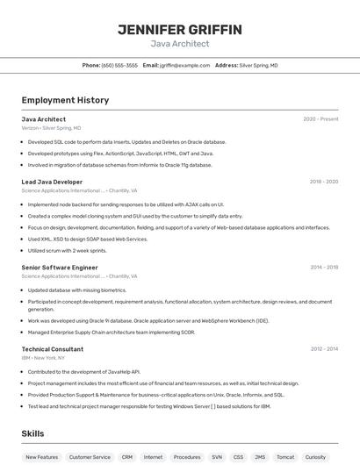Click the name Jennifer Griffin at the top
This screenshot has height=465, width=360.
tap(180, 30)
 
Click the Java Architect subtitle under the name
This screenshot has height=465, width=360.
tap(180, 43)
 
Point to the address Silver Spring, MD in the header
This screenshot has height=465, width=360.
tap(258, 65)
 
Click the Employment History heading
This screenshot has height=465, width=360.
tap(65, 101)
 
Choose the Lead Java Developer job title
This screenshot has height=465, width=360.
tap(52, 182)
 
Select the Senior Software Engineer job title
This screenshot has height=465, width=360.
tap(60, 267)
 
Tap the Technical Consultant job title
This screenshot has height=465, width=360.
tap(53, 348)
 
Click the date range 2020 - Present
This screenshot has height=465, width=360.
tap(320, 118)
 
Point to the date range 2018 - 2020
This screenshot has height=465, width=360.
tap(323, 182)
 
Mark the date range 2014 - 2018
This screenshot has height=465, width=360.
tap(323, 267)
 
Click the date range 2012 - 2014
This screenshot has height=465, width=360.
tap(323, 348)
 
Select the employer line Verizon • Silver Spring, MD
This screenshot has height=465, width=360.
tap(51, 128)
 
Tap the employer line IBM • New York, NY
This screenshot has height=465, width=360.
tap(43, 358)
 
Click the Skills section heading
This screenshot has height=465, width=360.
tap(33, 433)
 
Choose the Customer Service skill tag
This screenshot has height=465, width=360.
tap(90, 457)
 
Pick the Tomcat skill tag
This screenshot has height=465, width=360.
tap(284, 457)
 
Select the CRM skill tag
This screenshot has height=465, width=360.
tap(127, 457)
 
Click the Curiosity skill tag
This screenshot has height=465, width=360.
tap(315, 457)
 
